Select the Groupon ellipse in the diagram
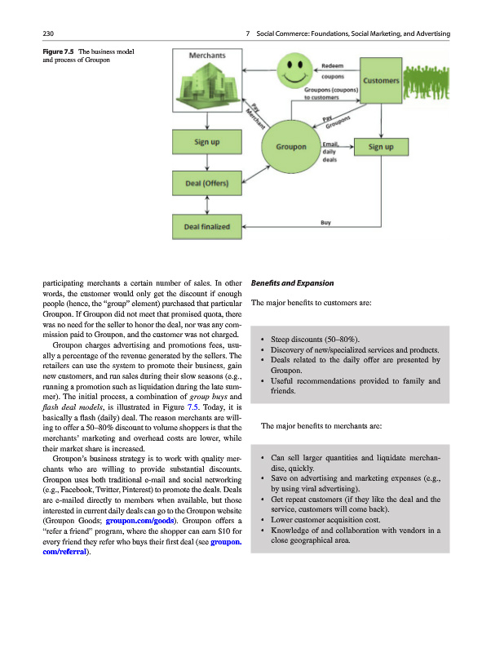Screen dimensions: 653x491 click(x=291, y=147)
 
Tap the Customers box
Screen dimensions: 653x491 click(x=379, y=81)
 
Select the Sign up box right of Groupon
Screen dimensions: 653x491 click(x=381, y=148)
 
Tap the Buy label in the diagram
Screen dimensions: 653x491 click(x=325, y=220)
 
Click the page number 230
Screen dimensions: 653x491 click(x=47, y=33)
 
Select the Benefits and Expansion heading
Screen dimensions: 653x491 click(x=293, y=283)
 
